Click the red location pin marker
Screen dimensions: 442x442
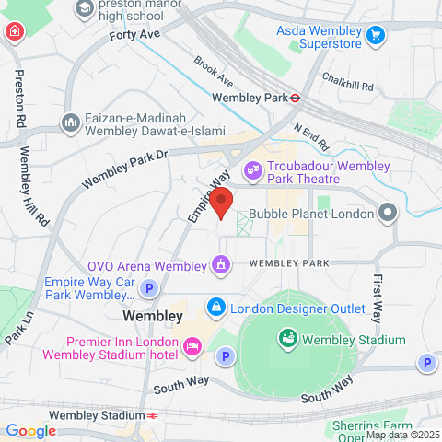pos(220,201)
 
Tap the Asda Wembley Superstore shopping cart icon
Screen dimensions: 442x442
pos(375,36)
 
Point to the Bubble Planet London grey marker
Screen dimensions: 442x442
pos(389,214)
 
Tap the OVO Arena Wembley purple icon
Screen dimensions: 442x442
pos(221,267)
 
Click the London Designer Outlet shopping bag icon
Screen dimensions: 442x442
pos(215,307)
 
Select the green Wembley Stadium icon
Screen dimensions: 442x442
pos(287,340)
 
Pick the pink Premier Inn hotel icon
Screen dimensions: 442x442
pos(192,346)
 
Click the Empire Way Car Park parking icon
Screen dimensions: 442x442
pos(148,289)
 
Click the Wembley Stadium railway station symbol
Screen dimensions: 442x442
pos(149,415)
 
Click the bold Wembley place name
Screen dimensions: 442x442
pos(152,316)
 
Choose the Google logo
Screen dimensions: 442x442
pos(30,430)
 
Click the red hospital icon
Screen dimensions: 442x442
pos(16,34)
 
